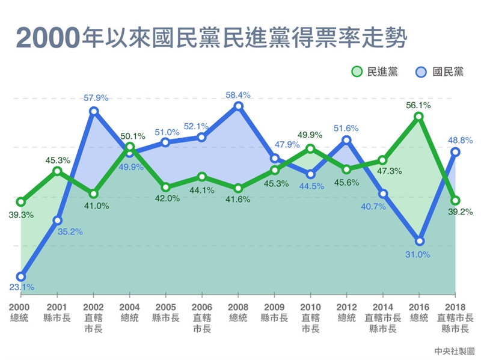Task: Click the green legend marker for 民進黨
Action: (357, 72)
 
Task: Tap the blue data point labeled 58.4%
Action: (238, 106)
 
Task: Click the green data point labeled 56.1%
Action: (419, 116)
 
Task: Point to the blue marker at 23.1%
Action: (21, 276)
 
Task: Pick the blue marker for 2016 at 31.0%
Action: (419, 241)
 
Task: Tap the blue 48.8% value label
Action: (461, 139)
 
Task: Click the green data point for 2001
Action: (57, 171)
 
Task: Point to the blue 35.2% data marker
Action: (57, 221)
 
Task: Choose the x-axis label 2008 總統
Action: (238, 313)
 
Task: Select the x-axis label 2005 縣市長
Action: (165, 313)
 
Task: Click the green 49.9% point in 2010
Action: (310, 148)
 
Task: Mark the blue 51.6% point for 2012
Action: (347, 141)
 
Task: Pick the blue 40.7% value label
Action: (382, 206)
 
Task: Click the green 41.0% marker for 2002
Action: (93, 194)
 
